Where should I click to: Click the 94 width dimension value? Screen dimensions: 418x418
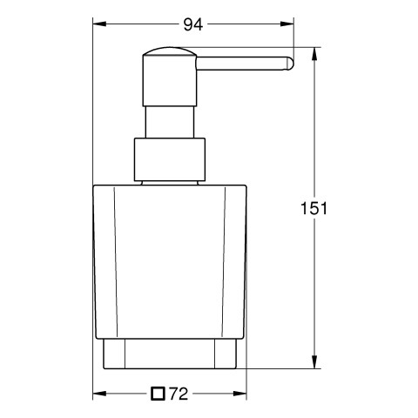click(193, 24)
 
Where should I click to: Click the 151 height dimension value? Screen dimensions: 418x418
click(313, 208)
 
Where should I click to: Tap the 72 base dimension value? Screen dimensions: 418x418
click(179, 394)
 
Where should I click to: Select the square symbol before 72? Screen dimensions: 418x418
click(158, 394)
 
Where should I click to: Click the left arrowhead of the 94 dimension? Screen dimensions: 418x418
click(99, 24)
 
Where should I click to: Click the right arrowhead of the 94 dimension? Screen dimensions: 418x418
click(287, 24)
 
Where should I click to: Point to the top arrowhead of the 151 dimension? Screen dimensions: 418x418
click(314, 54)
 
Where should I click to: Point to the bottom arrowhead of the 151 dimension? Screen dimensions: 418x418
click(314, 361)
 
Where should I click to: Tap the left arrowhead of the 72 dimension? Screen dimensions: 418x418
click(99, 394)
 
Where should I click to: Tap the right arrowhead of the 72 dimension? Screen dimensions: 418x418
click(239, 394)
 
